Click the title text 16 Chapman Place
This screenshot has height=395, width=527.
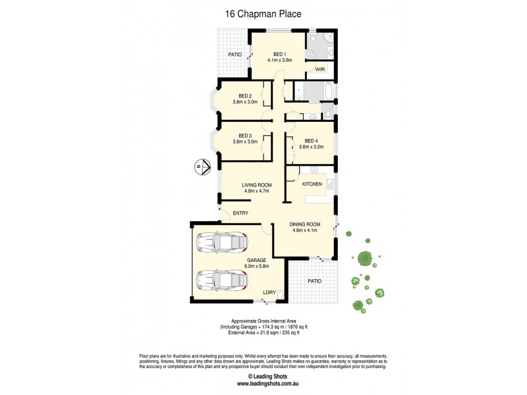tap(263, 12)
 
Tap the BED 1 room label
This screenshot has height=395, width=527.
tap(279, 54)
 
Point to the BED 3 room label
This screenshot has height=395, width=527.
tap(246, 136)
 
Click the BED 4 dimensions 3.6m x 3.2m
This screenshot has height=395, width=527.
tap(310, 147)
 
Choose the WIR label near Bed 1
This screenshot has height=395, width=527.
tap(321, 69)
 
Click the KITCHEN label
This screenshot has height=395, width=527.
tap(312, 184)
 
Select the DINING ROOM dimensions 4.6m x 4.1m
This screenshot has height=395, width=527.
tap(304, 230)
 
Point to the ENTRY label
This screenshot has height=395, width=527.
tap(240, 213)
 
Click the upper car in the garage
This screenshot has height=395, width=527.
tap(221, 244)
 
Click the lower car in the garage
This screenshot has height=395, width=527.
tap(221, 281)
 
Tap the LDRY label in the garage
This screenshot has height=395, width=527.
tap(269, 292)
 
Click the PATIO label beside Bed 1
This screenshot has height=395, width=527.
tap(235, 55)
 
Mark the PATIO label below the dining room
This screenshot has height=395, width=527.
tap(315, 281)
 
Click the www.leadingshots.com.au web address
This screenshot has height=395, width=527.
tap(263, 383)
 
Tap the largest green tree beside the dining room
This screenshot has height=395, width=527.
tap(364, 259)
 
